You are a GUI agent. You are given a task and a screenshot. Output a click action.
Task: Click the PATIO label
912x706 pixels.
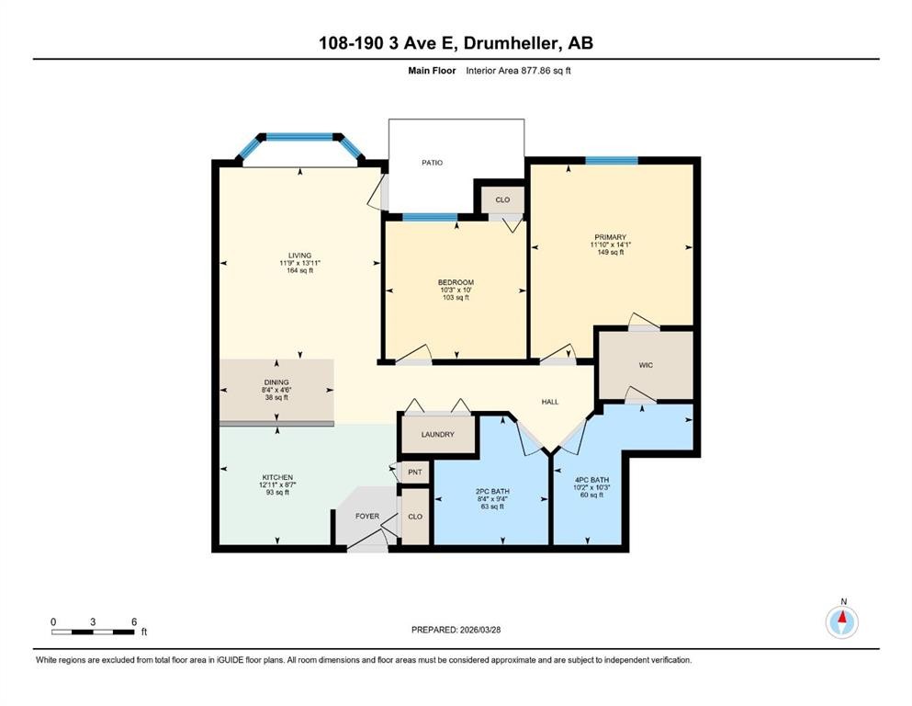coord(432,163)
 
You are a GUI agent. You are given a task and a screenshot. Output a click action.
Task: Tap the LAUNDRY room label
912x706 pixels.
coord(438,434)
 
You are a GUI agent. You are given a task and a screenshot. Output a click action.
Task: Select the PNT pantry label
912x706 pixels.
coord(414,473)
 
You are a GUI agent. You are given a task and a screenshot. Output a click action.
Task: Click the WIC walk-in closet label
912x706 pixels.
coord(646,365)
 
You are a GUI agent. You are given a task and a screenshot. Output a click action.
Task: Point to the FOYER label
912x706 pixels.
coord(367,517)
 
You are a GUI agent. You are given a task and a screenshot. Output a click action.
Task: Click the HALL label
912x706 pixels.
coord(549,402)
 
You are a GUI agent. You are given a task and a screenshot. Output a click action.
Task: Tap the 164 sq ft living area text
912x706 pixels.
coord(299,271)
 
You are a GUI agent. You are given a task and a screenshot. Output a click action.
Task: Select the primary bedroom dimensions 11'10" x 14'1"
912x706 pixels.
coord(609,245)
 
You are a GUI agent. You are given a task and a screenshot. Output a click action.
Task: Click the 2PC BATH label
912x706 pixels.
coord(491,491)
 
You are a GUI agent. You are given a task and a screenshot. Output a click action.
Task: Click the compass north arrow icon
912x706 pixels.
coord(842,622)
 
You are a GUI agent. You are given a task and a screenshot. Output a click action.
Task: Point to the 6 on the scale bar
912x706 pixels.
coord(134,621)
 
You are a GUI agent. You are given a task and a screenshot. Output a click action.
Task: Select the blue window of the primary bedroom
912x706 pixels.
coord(611,160)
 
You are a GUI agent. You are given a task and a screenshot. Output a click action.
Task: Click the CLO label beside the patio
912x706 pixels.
coord(502,199)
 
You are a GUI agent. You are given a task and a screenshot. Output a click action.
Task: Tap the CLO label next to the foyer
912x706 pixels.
coord(415,517)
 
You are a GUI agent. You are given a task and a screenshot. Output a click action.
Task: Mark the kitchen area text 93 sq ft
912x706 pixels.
coord(276,493)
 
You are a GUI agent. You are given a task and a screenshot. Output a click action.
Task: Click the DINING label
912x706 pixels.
coord(276,381)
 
